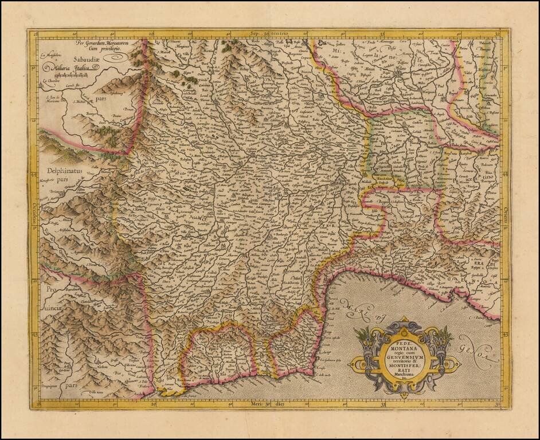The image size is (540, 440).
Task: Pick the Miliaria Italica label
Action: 73,68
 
